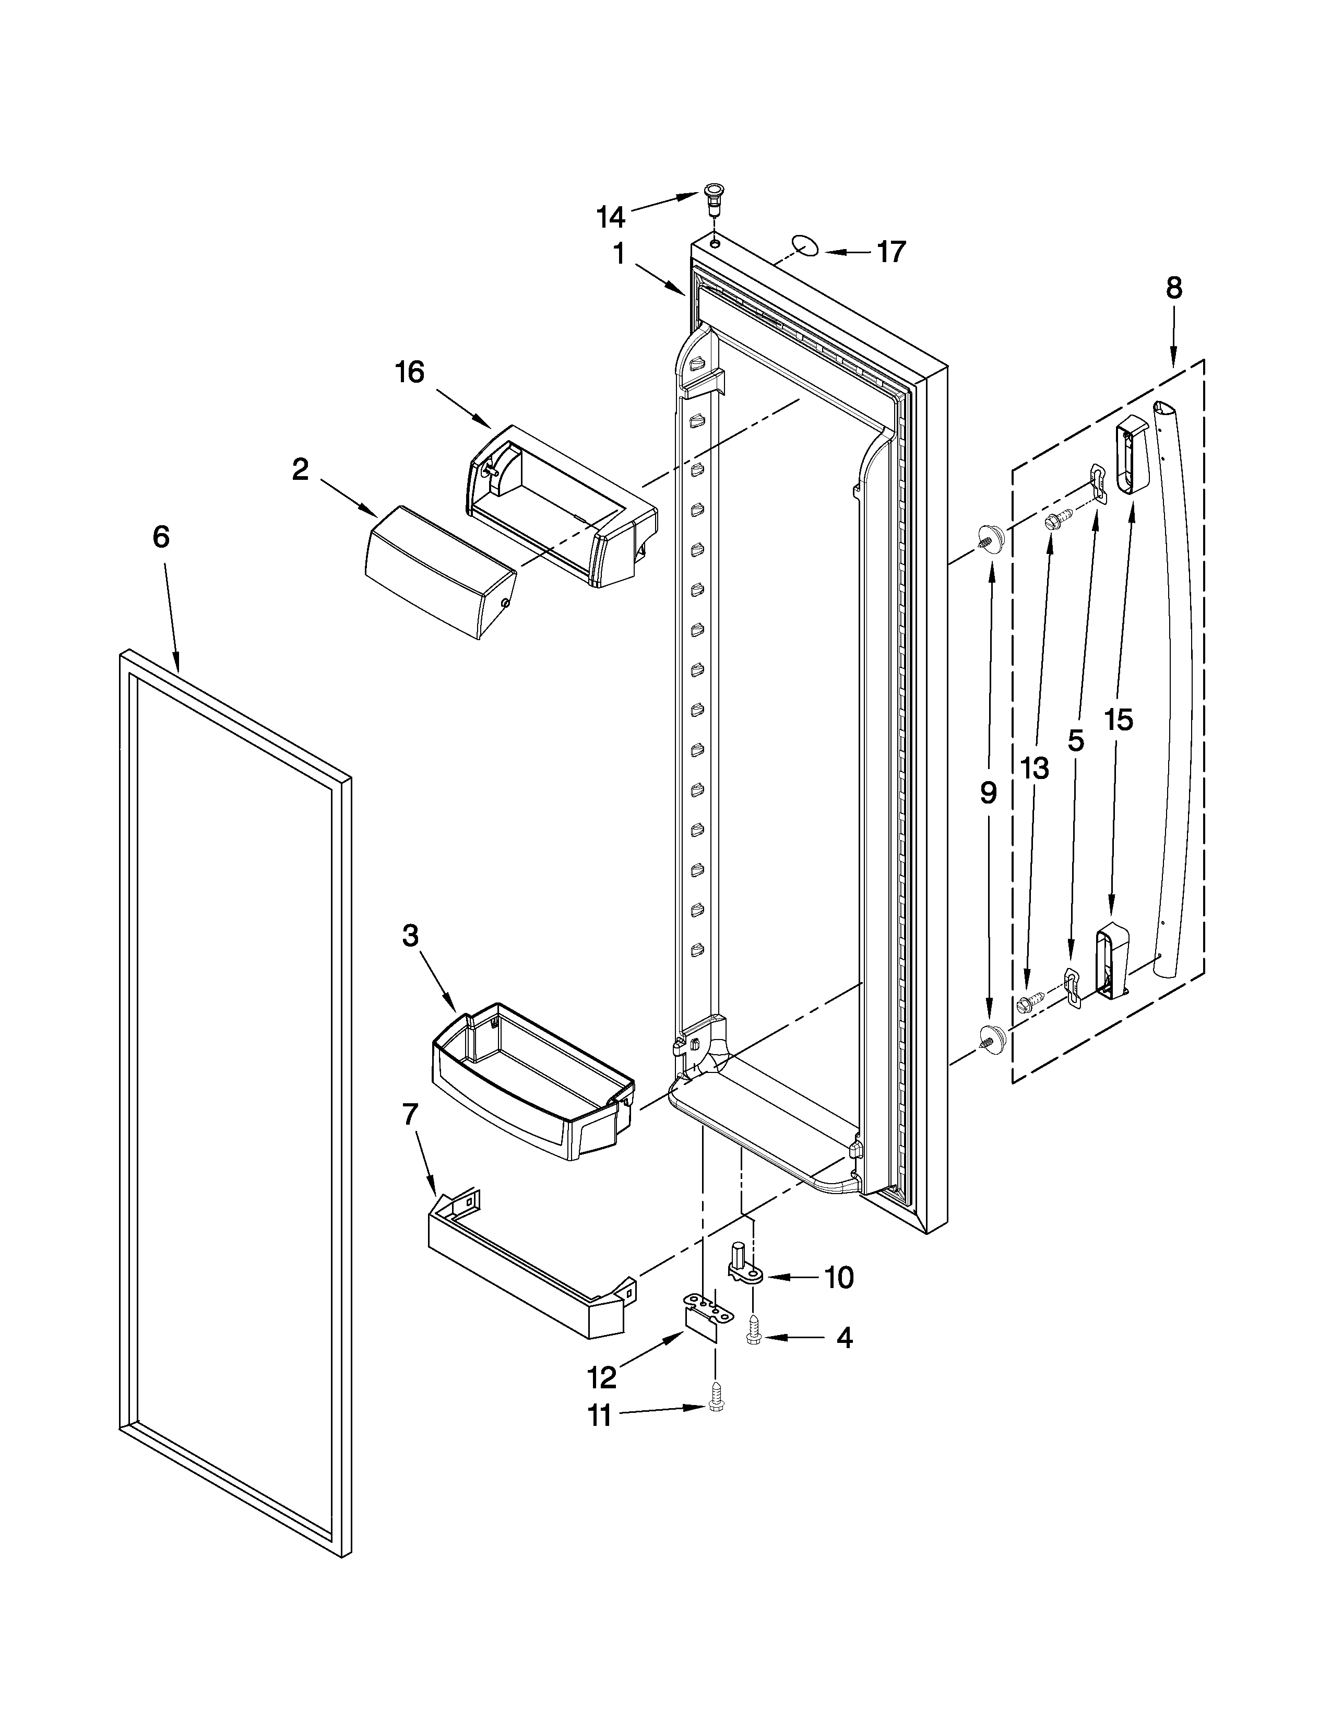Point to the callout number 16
click(x=410, y=372)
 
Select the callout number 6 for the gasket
click(x=160, y=537)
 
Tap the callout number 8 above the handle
click(x=1174, y=288)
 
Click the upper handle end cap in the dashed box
click(x=1133, y=455)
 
